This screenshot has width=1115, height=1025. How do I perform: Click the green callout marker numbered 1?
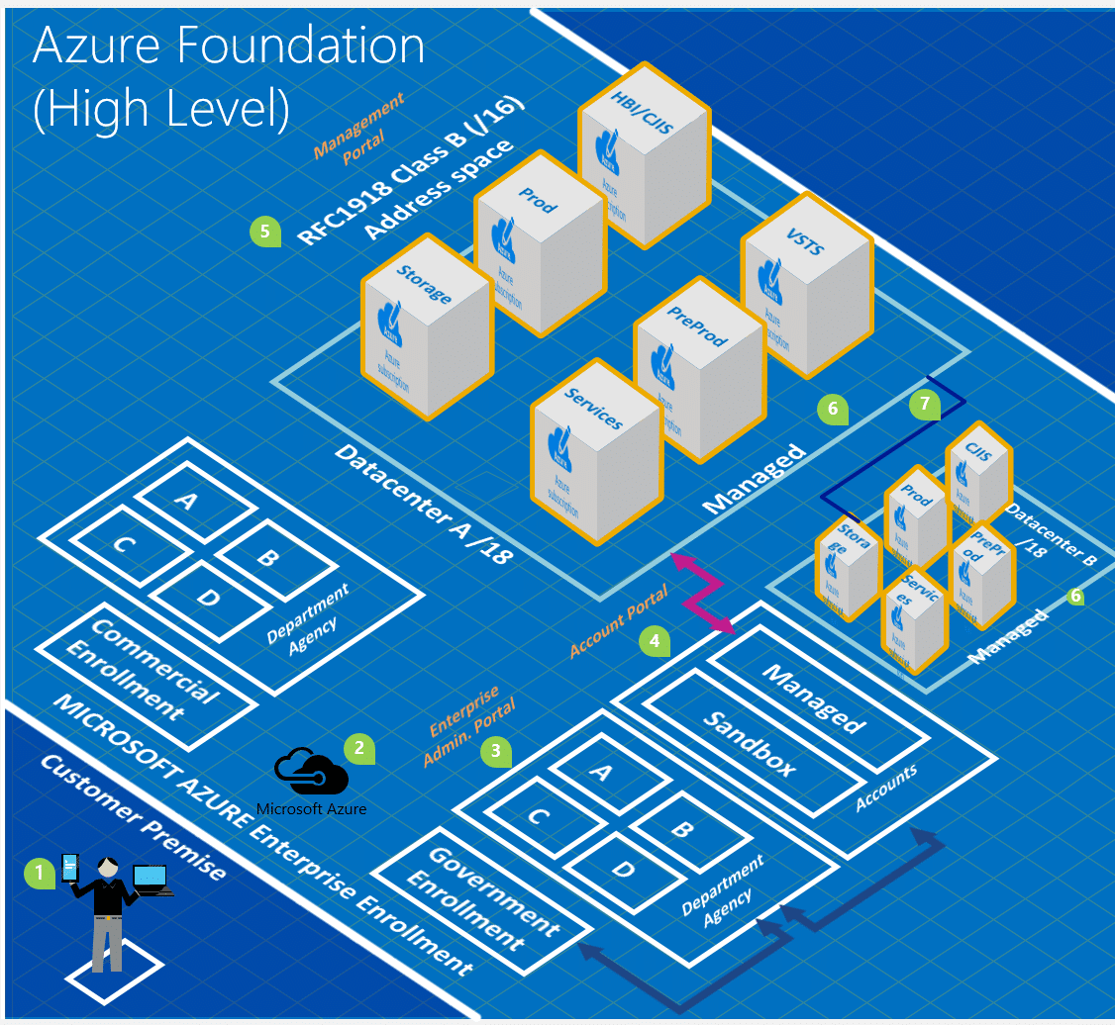pyautogui.click(x=40, y=873)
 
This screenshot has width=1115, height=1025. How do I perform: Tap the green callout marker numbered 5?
pyautogui.click(x=263, y=232)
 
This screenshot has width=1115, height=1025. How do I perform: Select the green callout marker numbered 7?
pyautogui.click(x=924, y=404)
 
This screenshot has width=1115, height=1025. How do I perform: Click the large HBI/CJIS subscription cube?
pyautogui.click(x=644, y=158)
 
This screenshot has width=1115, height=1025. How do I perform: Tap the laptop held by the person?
pyautogui.click(x=151, y=879)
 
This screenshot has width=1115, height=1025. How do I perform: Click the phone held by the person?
pyautogui.click(x=70, y=868)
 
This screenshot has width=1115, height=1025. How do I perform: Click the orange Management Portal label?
pyautogui.click(x=358, y=126)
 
